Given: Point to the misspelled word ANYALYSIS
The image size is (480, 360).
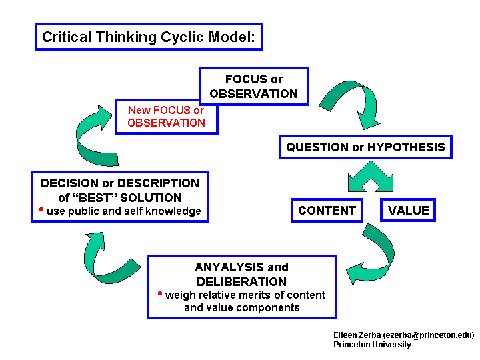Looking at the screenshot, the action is (x=229, y=267).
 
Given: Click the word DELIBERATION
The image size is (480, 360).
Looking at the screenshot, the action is (x=241, y=281).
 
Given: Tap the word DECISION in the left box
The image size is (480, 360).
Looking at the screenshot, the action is (x=70, y=183).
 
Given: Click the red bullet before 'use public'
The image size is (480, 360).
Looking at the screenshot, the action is (x=41, y=209).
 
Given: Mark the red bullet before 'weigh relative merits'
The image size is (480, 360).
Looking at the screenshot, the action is (x=160, y=293).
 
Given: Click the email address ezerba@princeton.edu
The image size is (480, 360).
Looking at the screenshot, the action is (x=429, y=335).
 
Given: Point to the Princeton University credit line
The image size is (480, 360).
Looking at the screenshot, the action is (x=372, y=345).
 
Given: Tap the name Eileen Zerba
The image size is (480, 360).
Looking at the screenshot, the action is (x=357, y=335).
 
